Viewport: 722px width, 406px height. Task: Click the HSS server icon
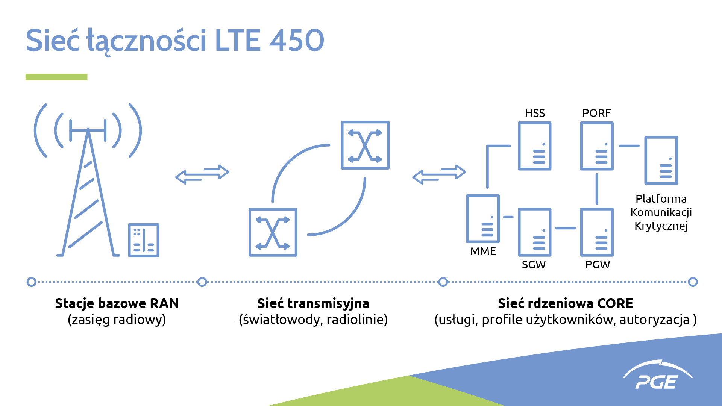[x=534, y=146]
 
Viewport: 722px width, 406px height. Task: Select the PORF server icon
[x=597, y=146]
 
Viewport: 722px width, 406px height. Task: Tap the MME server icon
[x=483, y=218]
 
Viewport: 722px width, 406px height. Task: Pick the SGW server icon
[x=534, y=232]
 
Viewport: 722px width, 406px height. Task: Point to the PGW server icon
[x=597, y=232]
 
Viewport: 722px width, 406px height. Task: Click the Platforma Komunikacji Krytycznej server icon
[x=661, y=160]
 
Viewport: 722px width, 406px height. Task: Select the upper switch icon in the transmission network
[x=365, y=145]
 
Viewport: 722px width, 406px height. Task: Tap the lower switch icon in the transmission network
[x=273, y=232]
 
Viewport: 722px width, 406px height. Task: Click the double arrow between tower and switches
[x=202, y=174]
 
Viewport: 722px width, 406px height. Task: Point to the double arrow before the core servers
[x=439, y=174]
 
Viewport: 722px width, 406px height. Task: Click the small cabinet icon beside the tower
[x=144, y=240]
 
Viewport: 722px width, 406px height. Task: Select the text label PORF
[x=596, y=113]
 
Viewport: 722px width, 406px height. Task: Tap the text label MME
[x=483, y=251]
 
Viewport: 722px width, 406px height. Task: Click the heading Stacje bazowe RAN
[x=117, y=303]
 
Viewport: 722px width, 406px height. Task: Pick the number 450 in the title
[x=296, y=40]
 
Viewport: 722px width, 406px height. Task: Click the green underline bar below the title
[x=56, y=77]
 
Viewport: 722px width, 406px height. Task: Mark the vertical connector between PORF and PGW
[x=597, y=189]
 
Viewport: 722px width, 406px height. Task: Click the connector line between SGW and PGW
[x=566, y=228]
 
